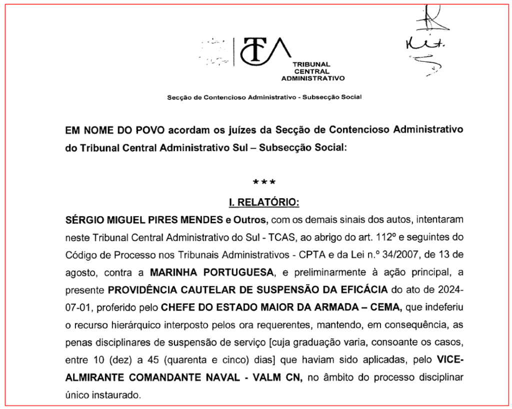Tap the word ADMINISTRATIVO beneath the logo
click(x=313, y=78)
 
